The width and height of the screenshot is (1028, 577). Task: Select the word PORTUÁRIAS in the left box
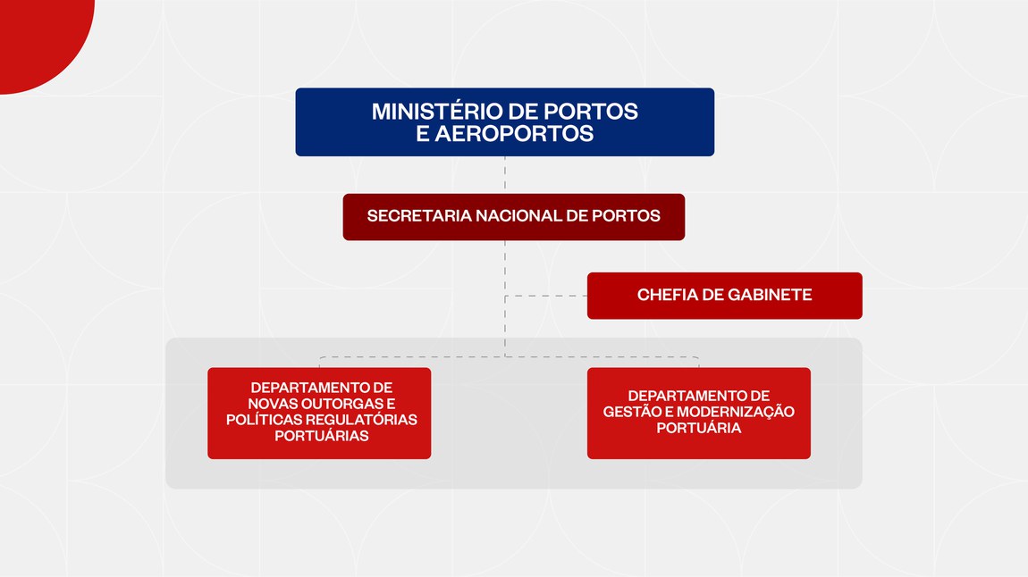(x=321, y=436)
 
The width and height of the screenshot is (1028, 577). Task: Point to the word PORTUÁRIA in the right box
(x=699, y=429)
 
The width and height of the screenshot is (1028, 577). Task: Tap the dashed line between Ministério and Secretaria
(x=505, y=175)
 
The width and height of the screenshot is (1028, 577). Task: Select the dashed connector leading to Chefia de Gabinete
(x=546, y=296)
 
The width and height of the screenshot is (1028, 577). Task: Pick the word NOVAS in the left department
(x=267, y=404)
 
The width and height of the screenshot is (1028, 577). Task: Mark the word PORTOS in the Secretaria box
(x=626, y=216)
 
